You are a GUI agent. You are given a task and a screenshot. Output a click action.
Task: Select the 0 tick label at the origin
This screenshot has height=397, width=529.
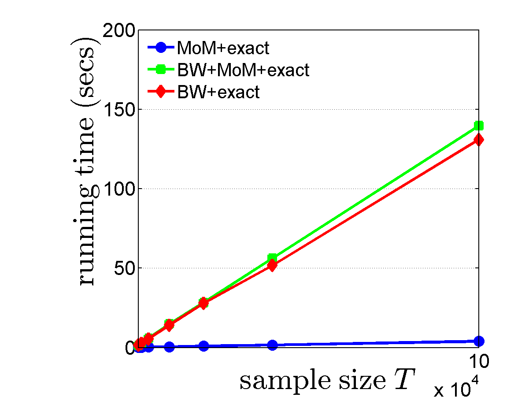130,348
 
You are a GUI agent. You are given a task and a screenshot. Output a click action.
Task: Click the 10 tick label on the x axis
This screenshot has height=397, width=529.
477,362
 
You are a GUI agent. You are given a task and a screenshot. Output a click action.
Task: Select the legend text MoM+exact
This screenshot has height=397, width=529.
222,48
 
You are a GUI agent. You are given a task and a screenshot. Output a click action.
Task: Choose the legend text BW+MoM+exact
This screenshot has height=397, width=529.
243,70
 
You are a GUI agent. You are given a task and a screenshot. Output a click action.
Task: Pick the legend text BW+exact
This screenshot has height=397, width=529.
218,92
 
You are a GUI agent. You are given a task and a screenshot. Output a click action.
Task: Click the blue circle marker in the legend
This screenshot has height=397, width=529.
160,47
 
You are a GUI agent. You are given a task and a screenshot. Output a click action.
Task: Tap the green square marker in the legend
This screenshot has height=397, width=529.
160,69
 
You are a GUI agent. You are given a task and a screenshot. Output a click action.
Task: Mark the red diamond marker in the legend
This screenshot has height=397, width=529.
160,92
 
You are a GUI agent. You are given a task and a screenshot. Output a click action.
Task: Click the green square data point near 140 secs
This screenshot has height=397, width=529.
478,126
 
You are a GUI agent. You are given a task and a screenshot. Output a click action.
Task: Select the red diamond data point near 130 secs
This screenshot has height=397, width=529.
478,140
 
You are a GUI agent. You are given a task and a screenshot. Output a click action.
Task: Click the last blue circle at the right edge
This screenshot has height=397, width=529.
478,341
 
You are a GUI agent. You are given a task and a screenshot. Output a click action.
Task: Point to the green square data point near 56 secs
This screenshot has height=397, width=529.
272,258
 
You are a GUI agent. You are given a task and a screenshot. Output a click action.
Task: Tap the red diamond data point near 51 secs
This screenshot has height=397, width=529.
272,266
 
